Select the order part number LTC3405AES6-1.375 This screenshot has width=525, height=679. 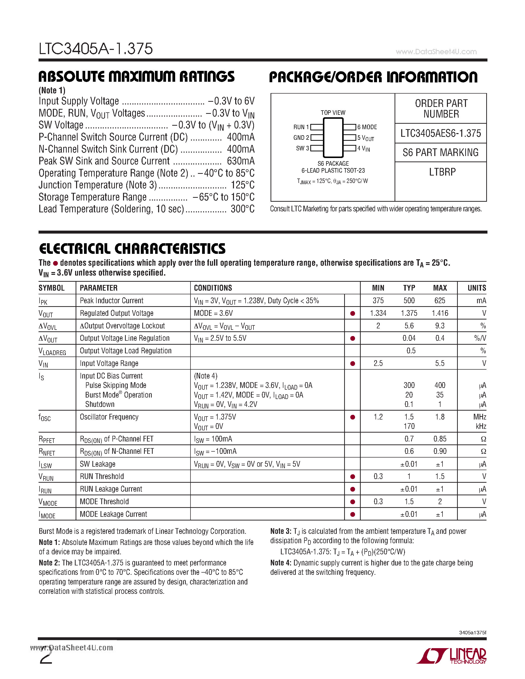click(x=441, y=133)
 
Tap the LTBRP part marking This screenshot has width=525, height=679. click(x=442, y=172)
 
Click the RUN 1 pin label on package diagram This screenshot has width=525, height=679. click(x=301, y=127)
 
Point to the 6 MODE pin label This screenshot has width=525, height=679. click(x=367, y=127)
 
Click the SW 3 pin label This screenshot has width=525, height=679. click(x=302, y=148)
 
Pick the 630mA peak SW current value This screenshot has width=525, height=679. click(x=240, y=161)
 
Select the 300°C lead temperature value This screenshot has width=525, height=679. click(x=242, y=209)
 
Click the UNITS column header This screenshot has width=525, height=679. click(x=477, y=288)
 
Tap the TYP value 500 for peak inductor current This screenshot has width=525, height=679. click(x=409, y=301)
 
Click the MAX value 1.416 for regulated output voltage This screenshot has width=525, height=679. click(x=440, y=313)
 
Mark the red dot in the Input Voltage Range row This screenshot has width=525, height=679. click(x=352, y=363)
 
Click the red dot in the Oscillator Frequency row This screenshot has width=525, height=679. click(x=352, y=417)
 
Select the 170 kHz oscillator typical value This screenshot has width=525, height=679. click(x=409, y=426)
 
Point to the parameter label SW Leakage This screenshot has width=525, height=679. click(x=97, y=464)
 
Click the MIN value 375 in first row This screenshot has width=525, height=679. click(x=378, y=301)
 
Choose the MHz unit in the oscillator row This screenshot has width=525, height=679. click(x=479, y=417)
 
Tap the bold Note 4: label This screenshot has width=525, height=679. click(x=281, y=563)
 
